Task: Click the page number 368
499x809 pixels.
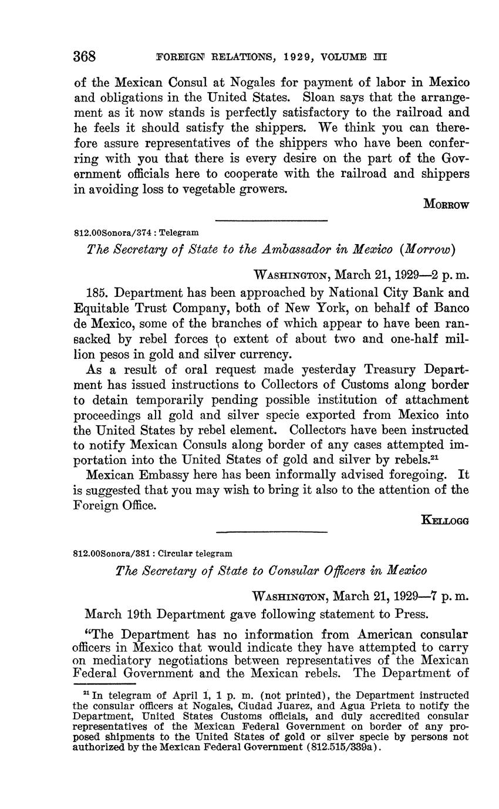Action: (x=85, y=57)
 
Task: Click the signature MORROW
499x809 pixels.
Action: (x=446, y=204)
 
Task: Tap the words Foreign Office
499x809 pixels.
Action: (x=115, y=505)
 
